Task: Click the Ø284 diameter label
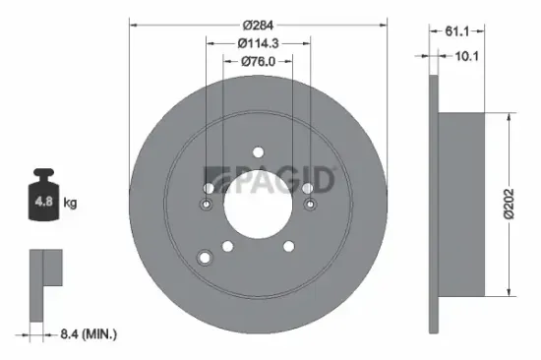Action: tap(260, 24)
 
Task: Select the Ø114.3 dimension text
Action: tap(260, 42)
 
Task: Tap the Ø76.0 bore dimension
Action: tap(260, 61)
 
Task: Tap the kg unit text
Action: tap(70, 204)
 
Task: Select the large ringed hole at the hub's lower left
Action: tap(206, 258)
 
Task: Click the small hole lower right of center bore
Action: tap(291, 247)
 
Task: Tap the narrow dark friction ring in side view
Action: tap(433, 203)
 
